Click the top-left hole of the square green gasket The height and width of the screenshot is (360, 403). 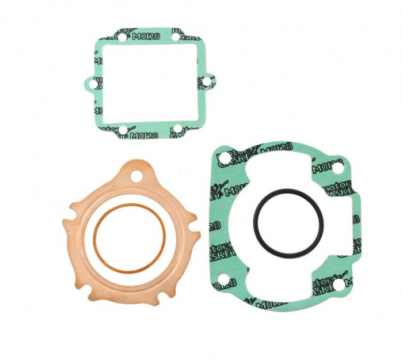(122, 37)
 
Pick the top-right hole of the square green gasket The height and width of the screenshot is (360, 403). (175, 37)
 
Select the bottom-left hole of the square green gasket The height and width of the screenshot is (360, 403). (122, 130)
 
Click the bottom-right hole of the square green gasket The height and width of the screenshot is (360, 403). (177, 128)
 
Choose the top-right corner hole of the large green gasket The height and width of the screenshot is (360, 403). (337, 167)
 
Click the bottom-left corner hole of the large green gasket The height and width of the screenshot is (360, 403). (222, 282)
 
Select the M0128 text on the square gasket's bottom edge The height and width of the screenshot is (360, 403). (142, 135)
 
